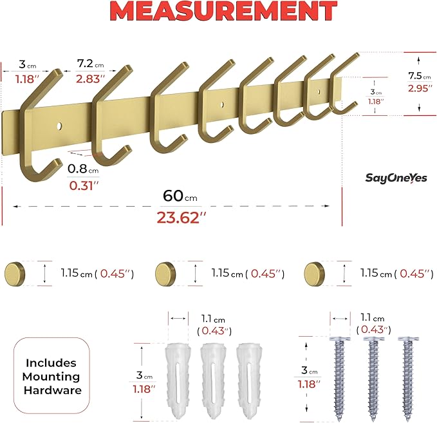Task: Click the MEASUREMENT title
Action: point(218,13)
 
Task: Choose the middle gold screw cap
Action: point(165,273)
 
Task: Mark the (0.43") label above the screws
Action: point(374,330)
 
